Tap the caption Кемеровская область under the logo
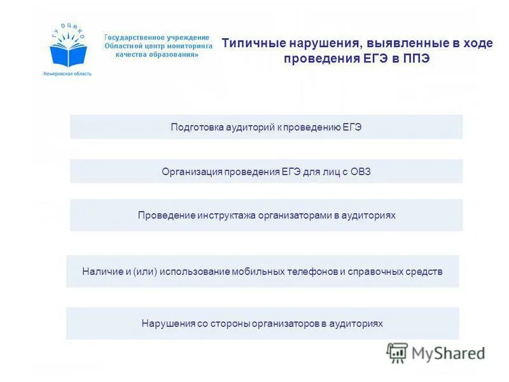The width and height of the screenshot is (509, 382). [x=67, y=73]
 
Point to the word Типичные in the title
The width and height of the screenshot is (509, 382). [x=254, y=44]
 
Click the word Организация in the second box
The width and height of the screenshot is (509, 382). [x=190, y=171]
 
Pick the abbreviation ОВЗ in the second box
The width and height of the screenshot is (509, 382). [x=359, y=171]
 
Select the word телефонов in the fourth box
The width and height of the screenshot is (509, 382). [x=310, y=272]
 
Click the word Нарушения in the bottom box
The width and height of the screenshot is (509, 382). [x=168, y=323]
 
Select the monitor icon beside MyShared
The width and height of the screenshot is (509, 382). [x=398, y=352]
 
